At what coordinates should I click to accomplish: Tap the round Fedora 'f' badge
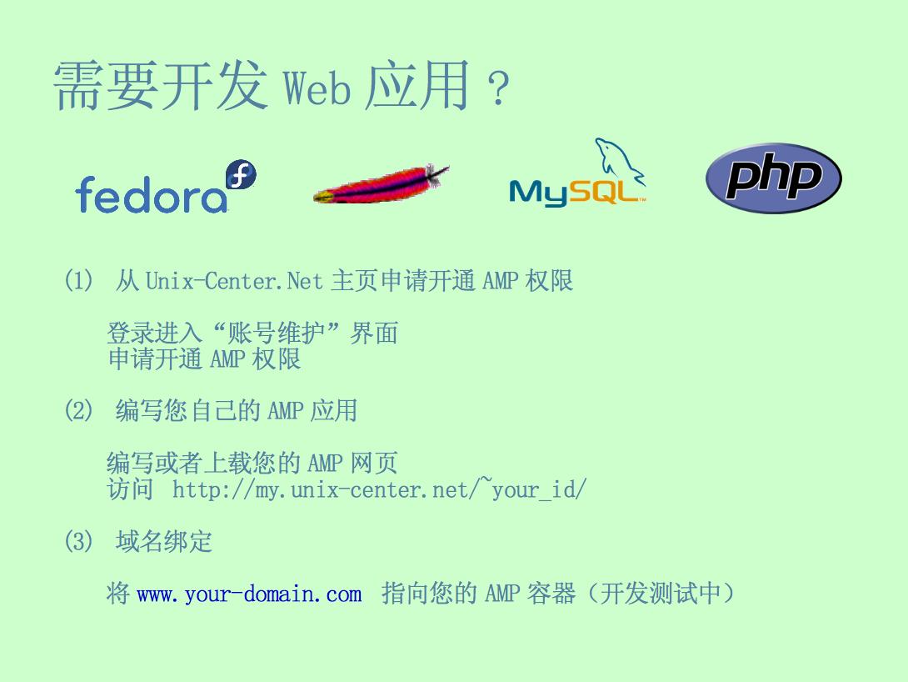click(x=241, y=174)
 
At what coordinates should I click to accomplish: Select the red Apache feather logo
click(x=381, y=184)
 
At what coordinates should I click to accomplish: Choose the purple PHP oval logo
click(x=774, y=178)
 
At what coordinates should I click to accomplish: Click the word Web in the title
click(x=317, y=88)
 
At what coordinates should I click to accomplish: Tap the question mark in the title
click(x=498, y=88)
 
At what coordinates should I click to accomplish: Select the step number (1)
click(x=78, y=280)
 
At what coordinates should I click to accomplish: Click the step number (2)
click(x=78, y=410)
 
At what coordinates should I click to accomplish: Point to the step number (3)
click(x=78, y=541)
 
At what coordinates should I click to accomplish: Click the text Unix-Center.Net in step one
click(x=234, y=281)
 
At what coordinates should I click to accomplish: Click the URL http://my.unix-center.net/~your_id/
click(x=379, y=489)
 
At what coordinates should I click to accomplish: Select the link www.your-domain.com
click(x=250, y=594)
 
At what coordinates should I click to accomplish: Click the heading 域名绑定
click(x=164, y=541)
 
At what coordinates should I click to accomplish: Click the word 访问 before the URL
click(x=130, y=489)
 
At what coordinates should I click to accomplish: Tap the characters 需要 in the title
click(x=106, y=86)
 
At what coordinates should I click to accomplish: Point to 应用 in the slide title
click(x=417, y=86)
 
